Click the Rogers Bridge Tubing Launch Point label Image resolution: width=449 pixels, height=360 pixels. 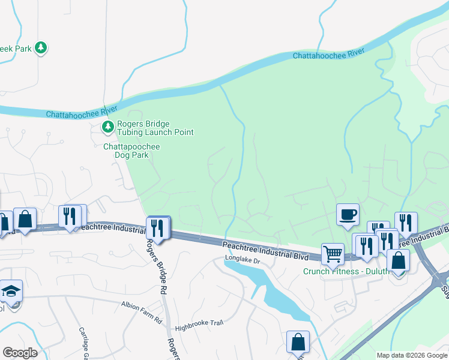coord(155,128)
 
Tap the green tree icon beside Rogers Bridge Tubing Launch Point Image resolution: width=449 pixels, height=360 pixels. coord(107,126)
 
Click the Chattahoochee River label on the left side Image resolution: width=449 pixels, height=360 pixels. coord(82,113)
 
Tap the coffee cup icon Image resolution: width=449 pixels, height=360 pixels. coord(348,215)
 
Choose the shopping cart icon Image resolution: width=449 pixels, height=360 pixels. coord(333,253)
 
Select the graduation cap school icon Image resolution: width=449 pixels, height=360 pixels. coord(11,290)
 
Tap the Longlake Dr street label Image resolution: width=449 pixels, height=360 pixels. coord(242,260)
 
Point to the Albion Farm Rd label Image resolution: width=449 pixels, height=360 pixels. coord(142,305)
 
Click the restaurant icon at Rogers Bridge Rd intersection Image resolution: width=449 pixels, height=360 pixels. coord(158,227)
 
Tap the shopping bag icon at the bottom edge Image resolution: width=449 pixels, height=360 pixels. coord(298,342)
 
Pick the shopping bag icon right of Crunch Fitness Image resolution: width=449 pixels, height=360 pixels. coord(398,260)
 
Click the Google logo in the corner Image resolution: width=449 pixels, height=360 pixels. coord(20,352)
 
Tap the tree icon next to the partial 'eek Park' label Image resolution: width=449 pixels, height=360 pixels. coord(41,47)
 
